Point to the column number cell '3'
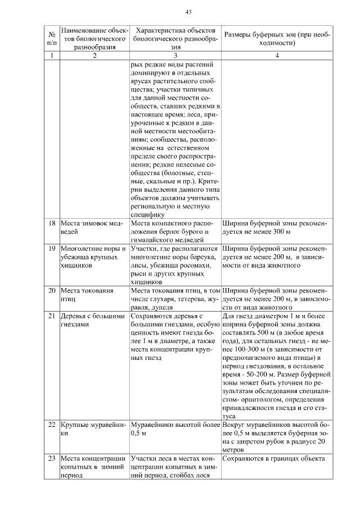(x=175, y=56)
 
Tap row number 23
(x=51, y=458)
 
